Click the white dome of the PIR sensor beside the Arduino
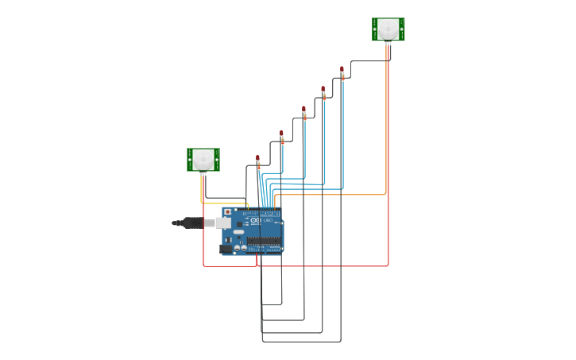203,158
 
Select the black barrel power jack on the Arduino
226,249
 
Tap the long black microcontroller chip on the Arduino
262,240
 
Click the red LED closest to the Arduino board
257,157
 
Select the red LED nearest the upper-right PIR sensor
342,69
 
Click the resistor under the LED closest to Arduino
258,166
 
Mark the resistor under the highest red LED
342,77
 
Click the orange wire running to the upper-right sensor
334,194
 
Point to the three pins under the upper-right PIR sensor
388,45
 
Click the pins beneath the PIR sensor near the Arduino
203,174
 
